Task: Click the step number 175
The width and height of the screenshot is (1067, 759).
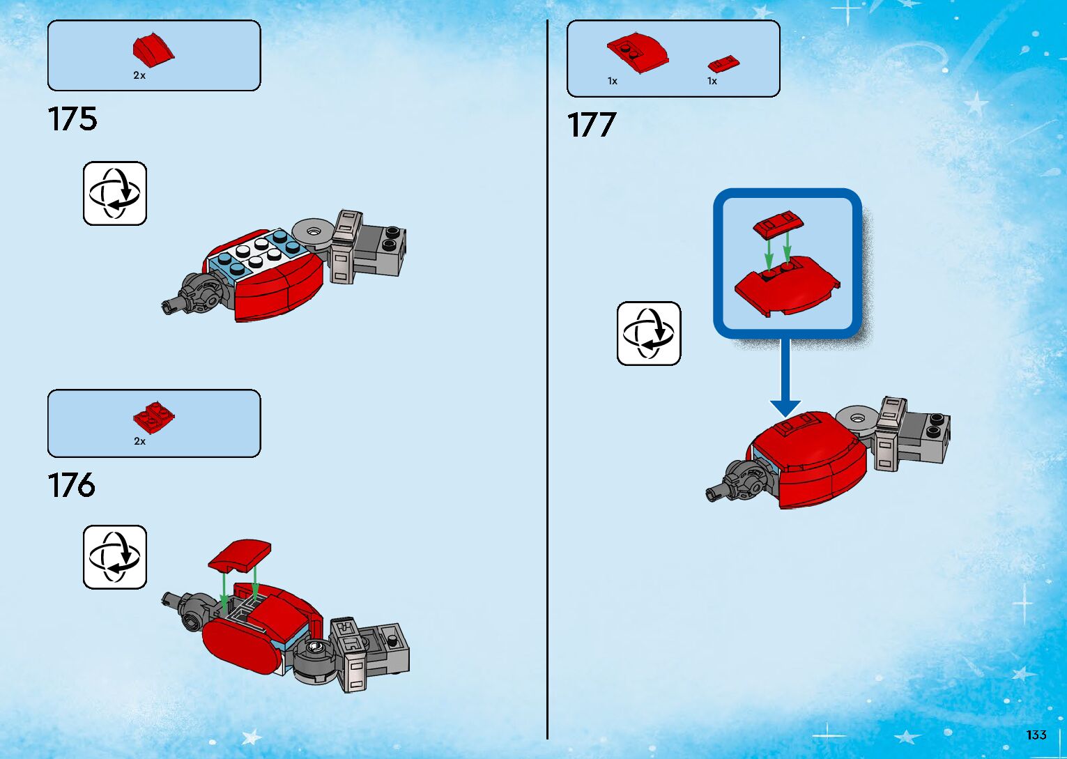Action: [x=72, y=118]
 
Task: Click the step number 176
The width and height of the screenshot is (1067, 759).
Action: [x=72, y=485]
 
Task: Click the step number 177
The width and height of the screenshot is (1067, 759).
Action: [x=592, y=125]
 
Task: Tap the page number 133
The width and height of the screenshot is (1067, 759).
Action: [x=1036, y=735]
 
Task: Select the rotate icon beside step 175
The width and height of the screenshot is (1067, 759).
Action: [x=115, y=193]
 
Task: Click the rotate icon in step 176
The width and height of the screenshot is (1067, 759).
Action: [x=115, y=557]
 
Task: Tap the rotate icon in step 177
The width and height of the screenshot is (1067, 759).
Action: [x=649, y=333]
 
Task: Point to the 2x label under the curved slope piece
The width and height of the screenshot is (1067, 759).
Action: [x=139, y=75]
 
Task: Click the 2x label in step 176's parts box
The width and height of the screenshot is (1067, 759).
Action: [x=139, y=441]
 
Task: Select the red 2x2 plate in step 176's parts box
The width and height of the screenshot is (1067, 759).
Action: [x=153, y=417]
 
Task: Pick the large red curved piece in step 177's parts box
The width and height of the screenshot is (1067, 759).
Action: [x=638, y=53]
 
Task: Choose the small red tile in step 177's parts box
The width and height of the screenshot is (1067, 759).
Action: [x=723, y=63]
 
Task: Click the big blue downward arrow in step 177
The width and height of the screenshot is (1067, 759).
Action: [x=785, y=376]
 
